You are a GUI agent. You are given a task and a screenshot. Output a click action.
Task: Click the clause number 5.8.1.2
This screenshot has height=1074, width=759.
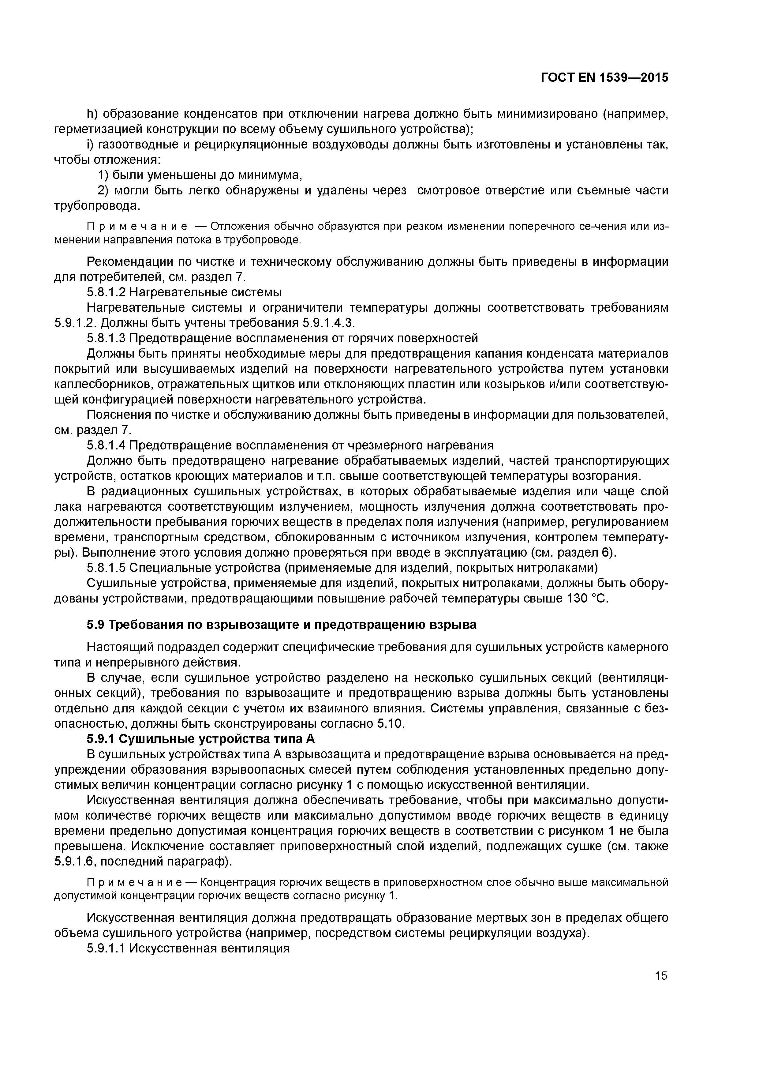click(106, 292)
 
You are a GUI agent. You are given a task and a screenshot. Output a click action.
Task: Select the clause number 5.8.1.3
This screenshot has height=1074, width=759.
click(106, 338)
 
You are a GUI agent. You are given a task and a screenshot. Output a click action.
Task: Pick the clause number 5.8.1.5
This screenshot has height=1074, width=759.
click(106, 568)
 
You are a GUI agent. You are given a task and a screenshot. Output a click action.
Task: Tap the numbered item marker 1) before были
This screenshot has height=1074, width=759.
click(103, 175)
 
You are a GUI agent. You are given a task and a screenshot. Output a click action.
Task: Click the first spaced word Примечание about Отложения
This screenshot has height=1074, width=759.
click(137, 227)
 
